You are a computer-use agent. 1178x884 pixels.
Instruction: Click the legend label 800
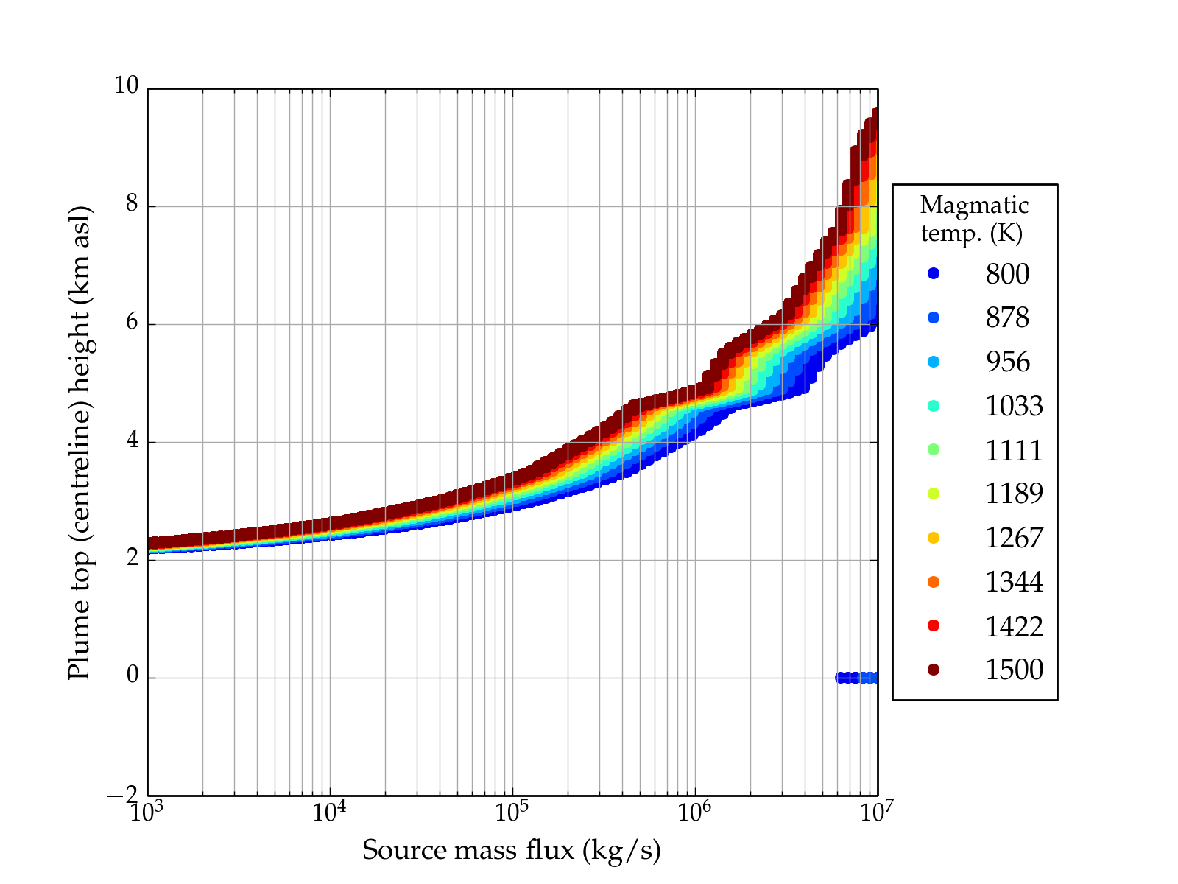(x=1007, y=274)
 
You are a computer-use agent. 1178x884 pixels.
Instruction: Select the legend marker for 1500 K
(x=934, y=669)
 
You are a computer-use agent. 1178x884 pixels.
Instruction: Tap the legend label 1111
(x=1014, y=450)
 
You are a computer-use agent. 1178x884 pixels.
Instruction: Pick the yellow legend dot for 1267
(x=934, y=538)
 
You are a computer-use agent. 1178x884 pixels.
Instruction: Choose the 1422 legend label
(x=1014, y=626)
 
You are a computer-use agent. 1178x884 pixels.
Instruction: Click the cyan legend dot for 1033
(x=934, y=406)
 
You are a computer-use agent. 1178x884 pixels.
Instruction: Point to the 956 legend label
(x=1007, y=362)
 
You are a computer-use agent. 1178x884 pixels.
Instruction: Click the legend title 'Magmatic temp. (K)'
(x=974, y=219)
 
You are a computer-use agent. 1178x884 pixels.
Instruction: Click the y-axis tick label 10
(x=126, y=86)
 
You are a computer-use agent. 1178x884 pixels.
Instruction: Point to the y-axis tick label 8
(x=132, y=204)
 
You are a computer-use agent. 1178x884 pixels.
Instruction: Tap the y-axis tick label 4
(x=132, y=441)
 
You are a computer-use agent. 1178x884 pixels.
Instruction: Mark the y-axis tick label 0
(x=132, y=676)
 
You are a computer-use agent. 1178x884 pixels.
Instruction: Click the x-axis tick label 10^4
(x=328, y=812)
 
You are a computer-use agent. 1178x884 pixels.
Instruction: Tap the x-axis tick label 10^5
(x=512, y=812)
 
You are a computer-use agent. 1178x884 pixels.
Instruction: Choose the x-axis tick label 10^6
(x=694, y=812)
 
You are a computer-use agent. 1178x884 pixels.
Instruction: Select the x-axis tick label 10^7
(x=876, y=812)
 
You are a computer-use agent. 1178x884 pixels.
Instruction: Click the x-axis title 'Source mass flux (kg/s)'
(x=512, y=850)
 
